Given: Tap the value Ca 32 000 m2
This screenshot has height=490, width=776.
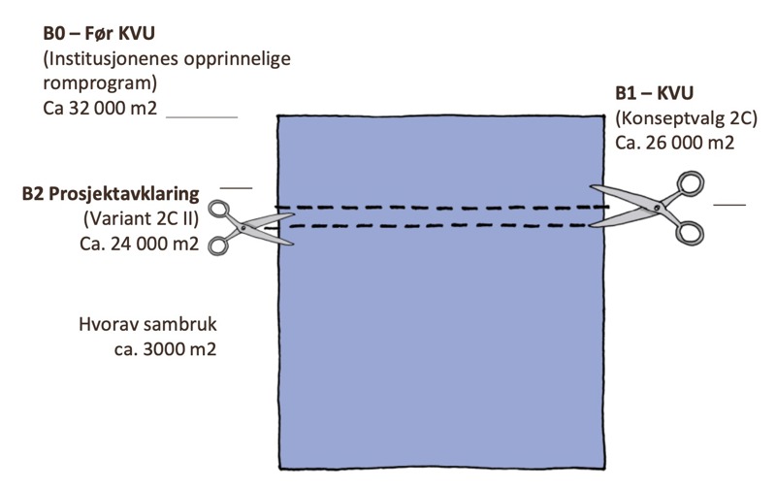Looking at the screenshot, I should [101, 107].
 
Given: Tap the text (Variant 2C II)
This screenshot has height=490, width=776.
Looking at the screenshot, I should [142, 218].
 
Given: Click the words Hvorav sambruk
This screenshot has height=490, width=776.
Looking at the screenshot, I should [146, 324].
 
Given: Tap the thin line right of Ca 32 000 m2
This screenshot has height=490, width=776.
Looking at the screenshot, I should [203, 116].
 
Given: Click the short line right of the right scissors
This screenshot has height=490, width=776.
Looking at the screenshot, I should [729, 205].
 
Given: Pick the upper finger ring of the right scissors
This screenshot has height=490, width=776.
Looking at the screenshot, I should [691, 182].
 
